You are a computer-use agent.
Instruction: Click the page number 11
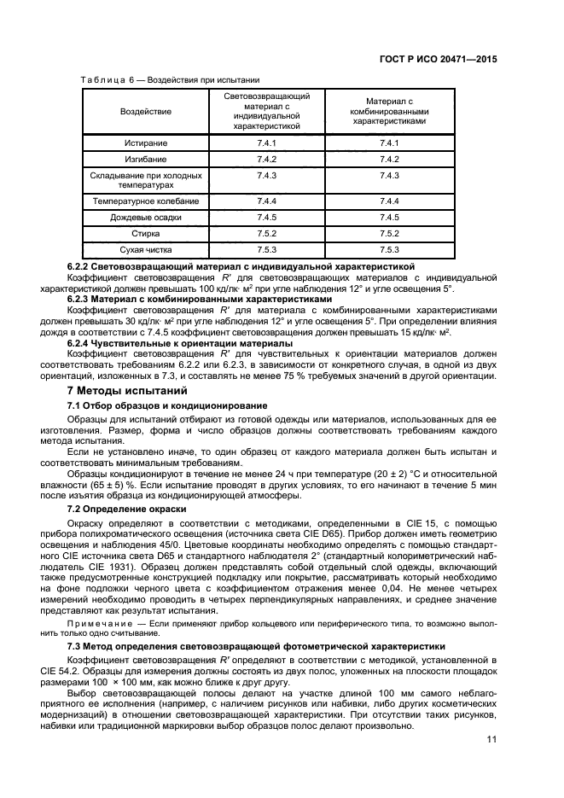click(491, 739)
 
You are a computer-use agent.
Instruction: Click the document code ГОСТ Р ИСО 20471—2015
click(438, 61)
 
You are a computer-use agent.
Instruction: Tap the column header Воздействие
click(145, 111)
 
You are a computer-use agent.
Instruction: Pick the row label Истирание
click(145, 143)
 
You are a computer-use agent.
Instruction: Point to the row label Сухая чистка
click(145, 249)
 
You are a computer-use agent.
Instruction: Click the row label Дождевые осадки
click(145, 217)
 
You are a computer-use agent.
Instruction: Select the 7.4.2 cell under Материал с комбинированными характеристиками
click(389, 160)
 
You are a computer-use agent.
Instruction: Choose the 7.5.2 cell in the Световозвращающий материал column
click(267, 233)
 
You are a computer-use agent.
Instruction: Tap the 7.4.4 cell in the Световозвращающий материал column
click(267, 201)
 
